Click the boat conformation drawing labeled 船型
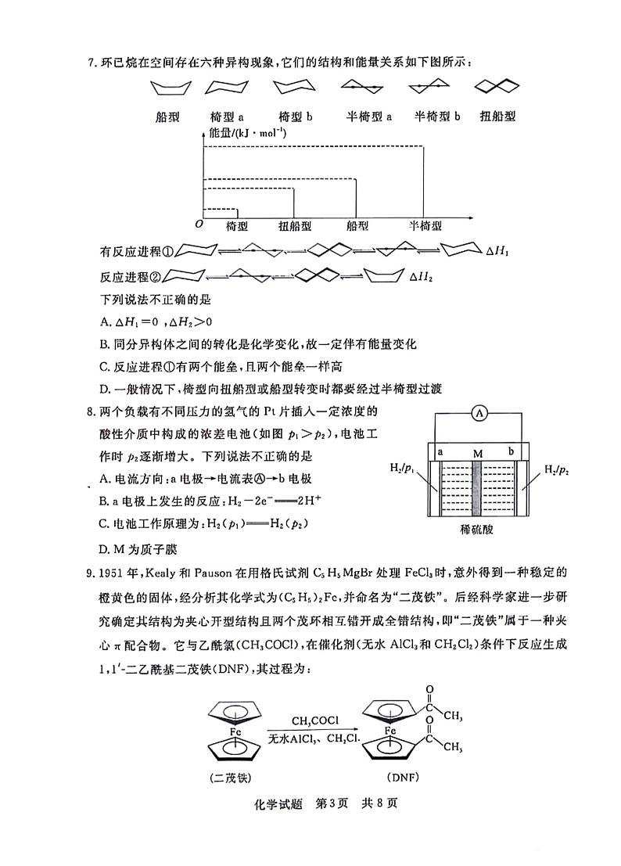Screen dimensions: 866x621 point(167,88)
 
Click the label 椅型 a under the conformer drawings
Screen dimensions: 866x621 point(228,117)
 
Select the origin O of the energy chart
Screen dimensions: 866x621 point(199,224)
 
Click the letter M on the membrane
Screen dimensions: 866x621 point(477,453)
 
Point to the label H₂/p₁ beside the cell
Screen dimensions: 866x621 point(402,469)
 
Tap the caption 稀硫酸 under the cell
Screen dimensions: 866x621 point(476,529)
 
